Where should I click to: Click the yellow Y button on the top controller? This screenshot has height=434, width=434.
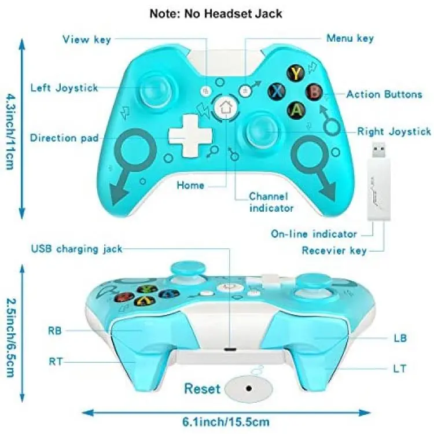pos(296,73)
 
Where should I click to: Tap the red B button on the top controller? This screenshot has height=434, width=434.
pos(314,91)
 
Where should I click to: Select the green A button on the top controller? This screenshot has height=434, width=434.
pos(296,110)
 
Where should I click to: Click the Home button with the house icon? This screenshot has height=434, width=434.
pos(226,108)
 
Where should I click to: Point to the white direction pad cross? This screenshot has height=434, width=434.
pos(191,135)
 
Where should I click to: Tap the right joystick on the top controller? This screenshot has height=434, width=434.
pos(261,131)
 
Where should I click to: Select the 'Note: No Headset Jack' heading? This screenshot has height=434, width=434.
pos(216,13)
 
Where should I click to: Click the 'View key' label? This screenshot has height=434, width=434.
pos(87,39)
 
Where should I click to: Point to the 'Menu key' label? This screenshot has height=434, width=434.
pos(350,38)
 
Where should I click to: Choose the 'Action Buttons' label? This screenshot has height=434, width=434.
pos(384,94)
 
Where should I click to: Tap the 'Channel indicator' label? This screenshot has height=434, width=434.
pos(271,202)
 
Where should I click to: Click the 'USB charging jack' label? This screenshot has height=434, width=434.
pos(76,249)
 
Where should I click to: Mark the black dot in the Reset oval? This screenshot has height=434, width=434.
pos(249,389)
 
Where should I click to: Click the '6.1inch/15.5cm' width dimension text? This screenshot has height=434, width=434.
pos(226,422)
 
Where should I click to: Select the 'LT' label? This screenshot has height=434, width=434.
pos(399,369)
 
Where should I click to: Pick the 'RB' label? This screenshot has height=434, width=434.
pos(55,330)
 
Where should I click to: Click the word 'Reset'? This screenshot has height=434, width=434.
pos(203,388)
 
